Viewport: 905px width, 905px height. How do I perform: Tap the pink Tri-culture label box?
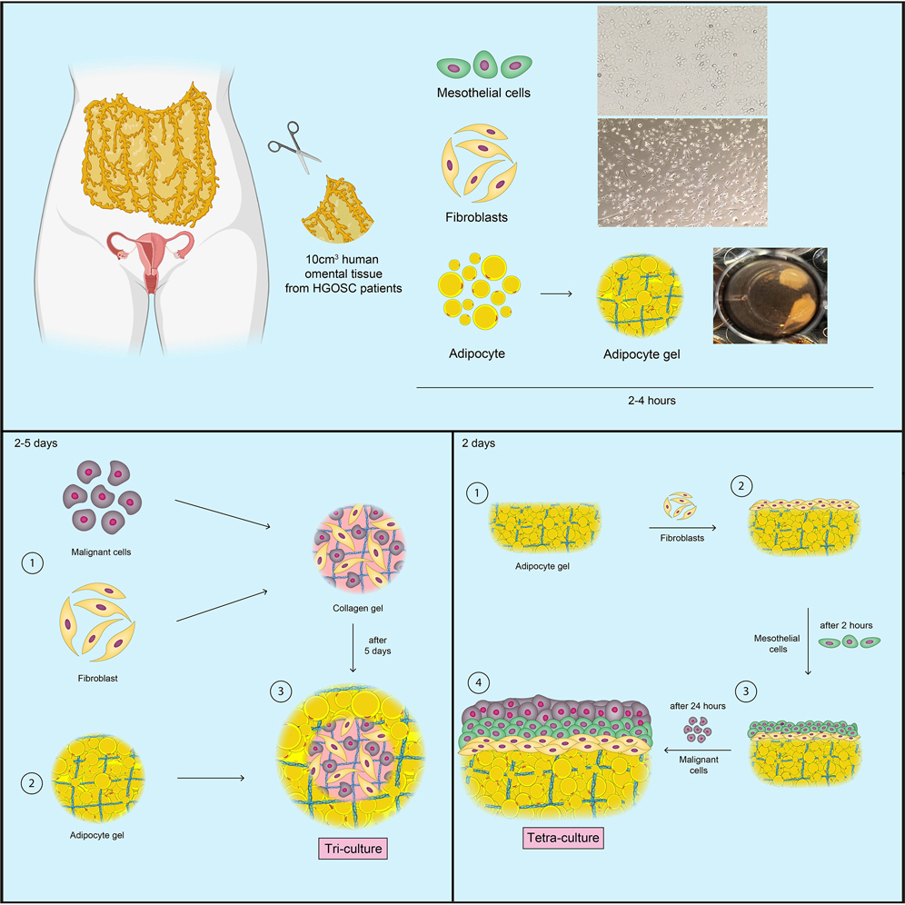[353, 849]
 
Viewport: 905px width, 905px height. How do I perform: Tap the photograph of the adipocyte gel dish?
[770, 295]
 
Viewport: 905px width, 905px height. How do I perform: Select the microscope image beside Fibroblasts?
[681, 172]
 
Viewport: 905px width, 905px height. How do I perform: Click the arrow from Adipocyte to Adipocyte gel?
[556, 294]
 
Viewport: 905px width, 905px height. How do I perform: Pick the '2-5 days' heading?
[37, 444]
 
